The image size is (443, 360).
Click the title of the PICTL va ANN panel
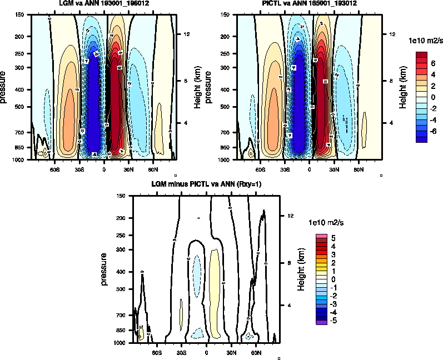pos(310,3)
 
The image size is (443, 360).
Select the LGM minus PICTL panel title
pos(207,184)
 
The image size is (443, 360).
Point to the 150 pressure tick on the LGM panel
pos(22,15)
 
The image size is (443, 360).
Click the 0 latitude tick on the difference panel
pos(207,352)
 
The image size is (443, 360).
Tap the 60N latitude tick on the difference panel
pos(256,352)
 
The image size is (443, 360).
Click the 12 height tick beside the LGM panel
pos(188,34)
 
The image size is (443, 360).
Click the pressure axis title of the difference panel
pos(104,269)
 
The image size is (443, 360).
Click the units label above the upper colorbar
pos(426,41)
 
